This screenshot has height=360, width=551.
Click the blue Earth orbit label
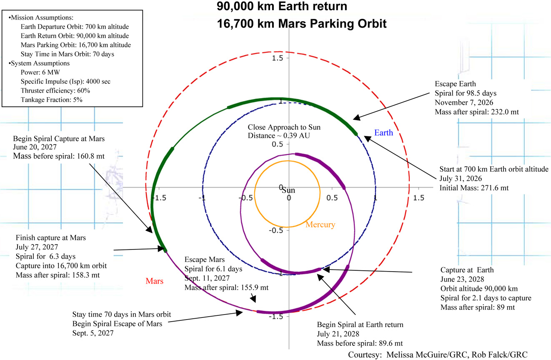(x=383, y=133)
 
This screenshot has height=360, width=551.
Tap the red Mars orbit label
(x=154, y=281)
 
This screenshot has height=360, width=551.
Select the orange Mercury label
(x=320, y=224)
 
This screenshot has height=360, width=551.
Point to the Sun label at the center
(x=288, y=190)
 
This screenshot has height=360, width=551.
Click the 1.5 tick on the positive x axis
(x=418, y=198)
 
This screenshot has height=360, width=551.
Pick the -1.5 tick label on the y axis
(x=276, y=317)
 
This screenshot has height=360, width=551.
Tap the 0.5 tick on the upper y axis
(x=277, y=144)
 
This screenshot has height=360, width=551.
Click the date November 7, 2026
(x=464, y=103)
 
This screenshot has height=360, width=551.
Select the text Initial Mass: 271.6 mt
(x=474, y=188)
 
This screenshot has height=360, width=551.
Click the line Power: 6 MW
(x=40, y=73)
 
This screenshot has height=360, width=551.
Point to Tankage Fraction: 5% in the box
(x=51, y=100)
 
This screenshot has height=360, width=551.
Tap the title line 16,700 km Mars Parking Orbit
(x=302, y=24)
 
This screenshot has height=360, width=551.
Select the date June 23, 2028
(x=462, y=279)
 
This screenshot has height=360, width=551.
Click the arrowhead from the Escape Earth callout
(x=357, y=118)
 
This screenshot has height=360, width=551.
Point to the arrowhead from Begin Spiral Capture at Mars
(x=149, y=229)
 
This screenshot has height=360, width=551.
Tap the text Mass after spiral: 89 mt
(x=478, y=307)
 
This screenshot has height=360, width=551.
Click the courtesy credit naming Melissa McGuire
(x=438, y=355)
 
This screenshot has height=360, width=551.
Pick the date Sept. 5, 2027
(x=93, y=333)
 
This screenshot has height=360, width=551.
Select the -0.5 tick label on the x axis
(x=245, y=198)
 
